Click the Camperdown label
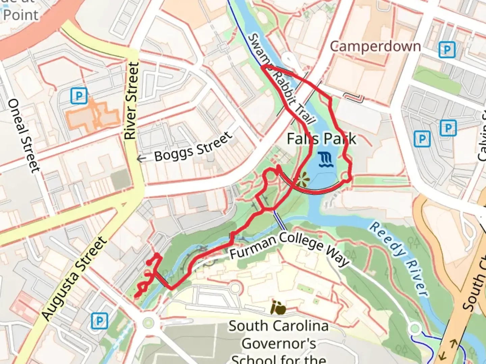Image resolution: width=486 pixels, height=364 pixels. point(375,47)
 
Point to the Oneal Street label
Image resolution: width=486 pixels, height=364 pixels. point(23,135)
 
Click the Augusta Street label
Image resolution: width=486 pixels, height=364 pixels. point(74,278)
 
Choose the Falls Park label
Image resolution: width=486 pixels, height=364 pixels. point(321,139)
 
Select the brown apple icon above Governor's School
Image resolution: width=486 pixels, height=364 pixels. point(279,307)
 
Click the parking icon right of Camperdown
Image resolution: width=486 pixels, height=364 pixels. point(447,50)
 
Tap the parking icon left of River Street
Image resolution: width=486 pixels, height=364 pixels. point(79,96)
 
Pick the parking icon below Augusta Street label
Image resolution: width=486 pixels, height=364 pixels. point(100,321)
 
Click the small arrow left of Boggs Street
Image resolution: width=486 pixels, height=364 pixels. point(141,158)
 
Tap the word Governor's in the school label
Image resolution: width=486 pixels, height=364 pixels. point(279,344)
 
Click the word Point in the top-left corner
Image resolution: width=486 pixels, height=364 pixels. point(21,15)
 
